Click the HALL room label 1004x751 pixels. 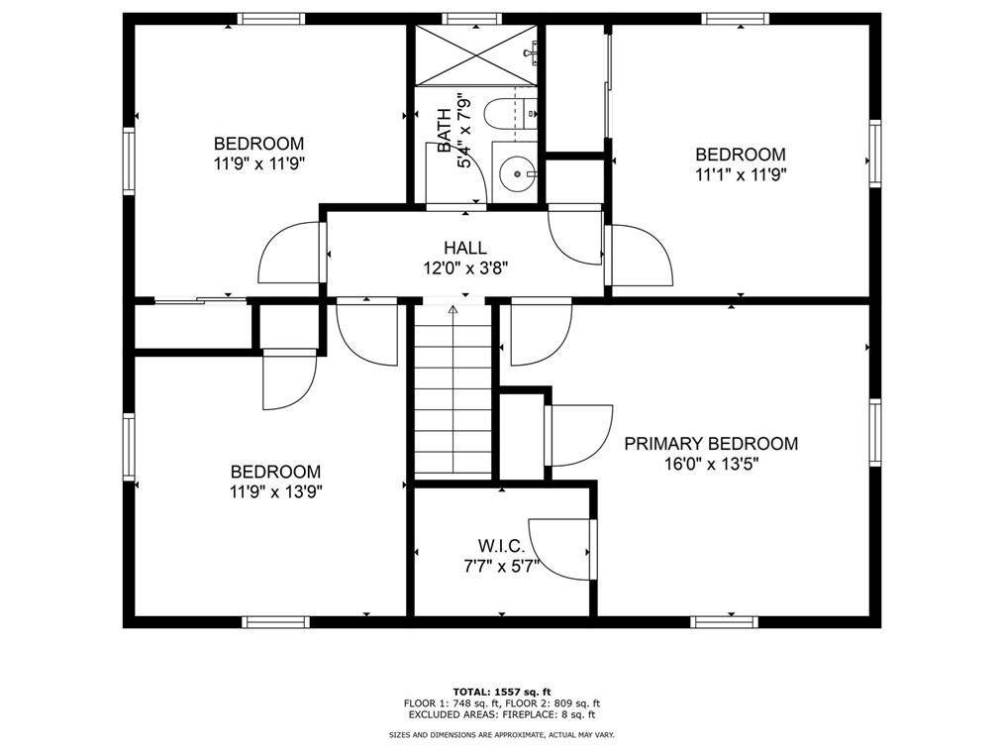pyautogui.click(x=465, y=248)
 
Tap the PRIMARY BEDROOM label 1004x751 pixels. pyautogui.click(x=711, y=444)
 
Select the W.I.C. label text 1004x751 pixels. pyautogui.click(x=501, y=547)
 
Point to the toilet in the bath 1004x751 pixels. pyautogui.click(x=510, y=114)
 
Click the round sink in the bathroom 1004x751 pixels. pyautogui.click(x=516, y=173)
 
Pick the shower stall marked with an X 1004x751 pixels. pyautogui.click(x=476, y=55)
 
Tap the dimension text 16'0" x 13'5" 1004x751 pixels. pyautogui.click(x=711, y=464)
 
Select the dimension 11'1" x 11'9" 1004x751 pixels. pyautogui.click(x=741, y=175)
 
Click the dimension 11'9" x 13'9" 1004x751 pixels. pyautogui.click(x=276, y=492)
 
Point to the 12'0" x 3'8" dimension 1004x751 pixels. pyautogui.click(x=465, y=268)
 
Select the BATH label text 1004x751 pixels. pyautogui.click(x=445, y=132)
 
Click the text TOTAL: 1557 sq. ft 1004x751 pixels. pyautogui.click(x=502, y=692)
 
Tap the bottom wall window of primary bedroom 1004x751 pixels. pyautogui.click(x=724, y=622)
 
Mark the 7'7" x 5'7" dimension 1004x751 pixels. pyautogui.click(x=501, y=567)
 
